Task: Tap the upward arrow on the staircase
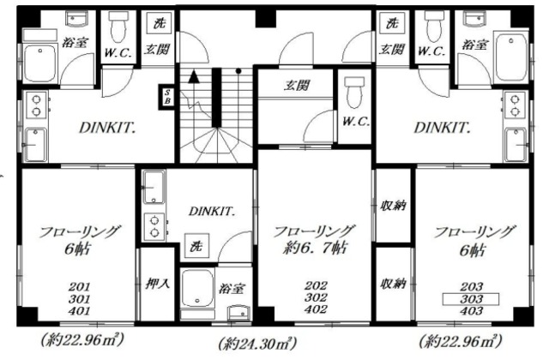coord(194,77)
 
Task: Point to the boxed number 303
coord(471,298)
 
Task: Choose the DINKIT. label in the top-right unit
coord(443,128)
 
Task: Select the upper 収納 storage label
coord(393,207)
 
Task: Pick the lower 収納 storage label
coord(393,283)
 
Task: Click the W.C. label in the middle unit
coord(354,121)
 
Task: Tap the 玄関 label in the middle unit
coord(296,86)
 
